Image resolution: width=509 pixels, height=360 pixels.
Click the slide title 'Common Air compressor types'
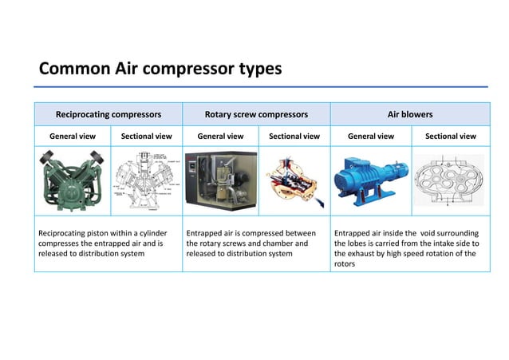160,69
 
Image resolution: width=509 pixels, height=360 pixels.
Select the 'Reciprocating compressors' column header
109,114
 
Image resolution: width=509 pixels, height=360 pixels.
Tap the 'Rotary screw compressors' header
256,114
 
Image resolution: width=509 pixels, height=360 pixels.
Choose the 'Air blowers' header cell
410,114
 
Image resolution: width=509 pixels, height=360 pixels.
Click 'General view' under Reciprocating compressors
73,136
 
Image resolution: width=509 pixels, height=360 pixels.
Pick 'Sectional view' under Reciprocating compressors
146,136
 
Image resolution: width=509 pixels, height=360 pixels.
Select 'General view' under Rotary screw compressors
220,136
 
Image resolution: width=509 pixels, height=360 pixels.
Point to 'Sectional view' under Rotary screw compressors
294,136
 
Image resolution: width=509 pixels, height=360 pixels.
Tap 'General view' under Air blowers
371,136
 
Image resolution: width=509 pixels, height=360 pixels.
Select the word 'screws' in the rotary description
243,243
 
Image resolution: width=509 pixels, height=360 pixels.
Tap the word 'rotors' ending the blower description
345,264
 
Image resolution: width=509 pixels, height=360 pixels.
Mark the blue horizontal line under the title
263,86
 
